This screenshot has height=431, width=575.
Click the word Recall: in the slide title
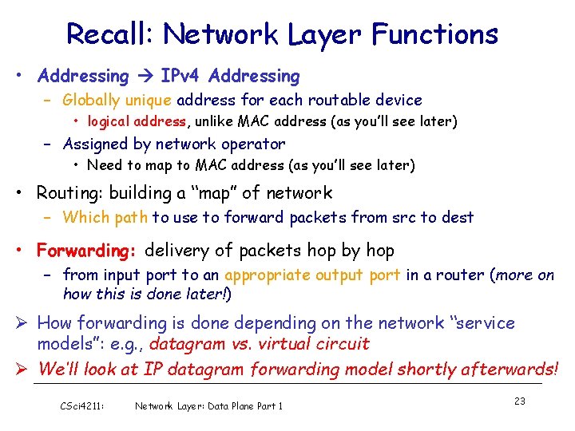click(111, 34)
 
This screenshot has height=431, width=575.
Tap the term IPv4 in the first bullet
click(180, 77)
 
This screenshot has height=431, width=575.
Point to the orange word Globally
click(90, 101)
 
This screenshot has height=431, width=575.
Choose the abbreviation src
click(391, 217)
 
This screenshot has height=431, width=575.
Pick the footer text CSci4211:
click(81, 405)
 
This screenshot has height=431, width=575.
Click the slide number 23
click(519, 401)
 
